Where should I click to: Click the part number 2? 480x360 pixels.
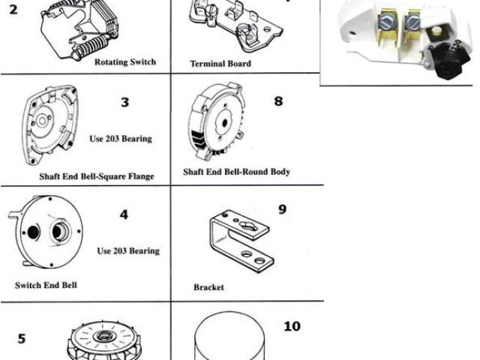point(13,10)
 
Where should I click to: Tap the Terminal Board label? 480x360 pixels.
point(220,64)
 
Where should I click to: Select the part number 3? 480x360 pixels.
point(124,102)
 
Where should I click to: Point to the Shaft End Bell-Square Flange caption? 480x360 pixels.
point(96,177)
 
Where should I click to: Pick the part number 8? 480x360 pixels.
point(278,100)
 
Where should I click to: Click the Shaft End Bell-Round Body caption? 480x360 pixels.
point(236,172)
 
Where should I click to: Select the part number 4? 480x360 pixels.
point(124,214)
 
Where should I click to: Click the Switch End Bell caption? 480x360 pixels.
point(46,286)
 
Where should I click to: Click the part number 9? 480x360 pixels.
point(282,208)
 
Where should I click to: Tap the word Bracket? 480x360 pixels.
point(208,287)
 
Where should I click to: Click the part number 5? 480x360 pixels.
point(21,337)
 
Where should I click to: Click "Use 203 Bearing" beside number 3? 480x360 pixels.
point(121,139)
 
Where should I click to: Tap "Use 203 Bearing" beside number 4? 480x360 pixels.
point(127,250)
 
